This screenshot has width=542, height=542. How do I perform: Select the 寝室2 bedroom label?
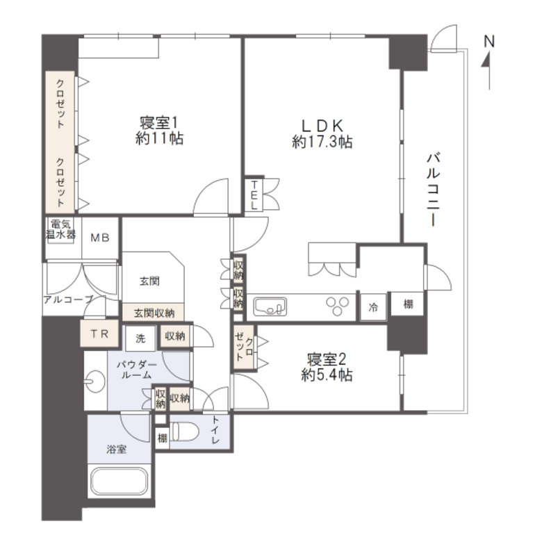tap(327, 368)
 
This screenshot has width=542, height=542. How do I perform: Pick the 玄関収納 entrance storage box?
tap(154, 313)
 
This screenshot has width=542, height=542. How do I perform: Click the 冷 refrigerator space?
tap(373, 307)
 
